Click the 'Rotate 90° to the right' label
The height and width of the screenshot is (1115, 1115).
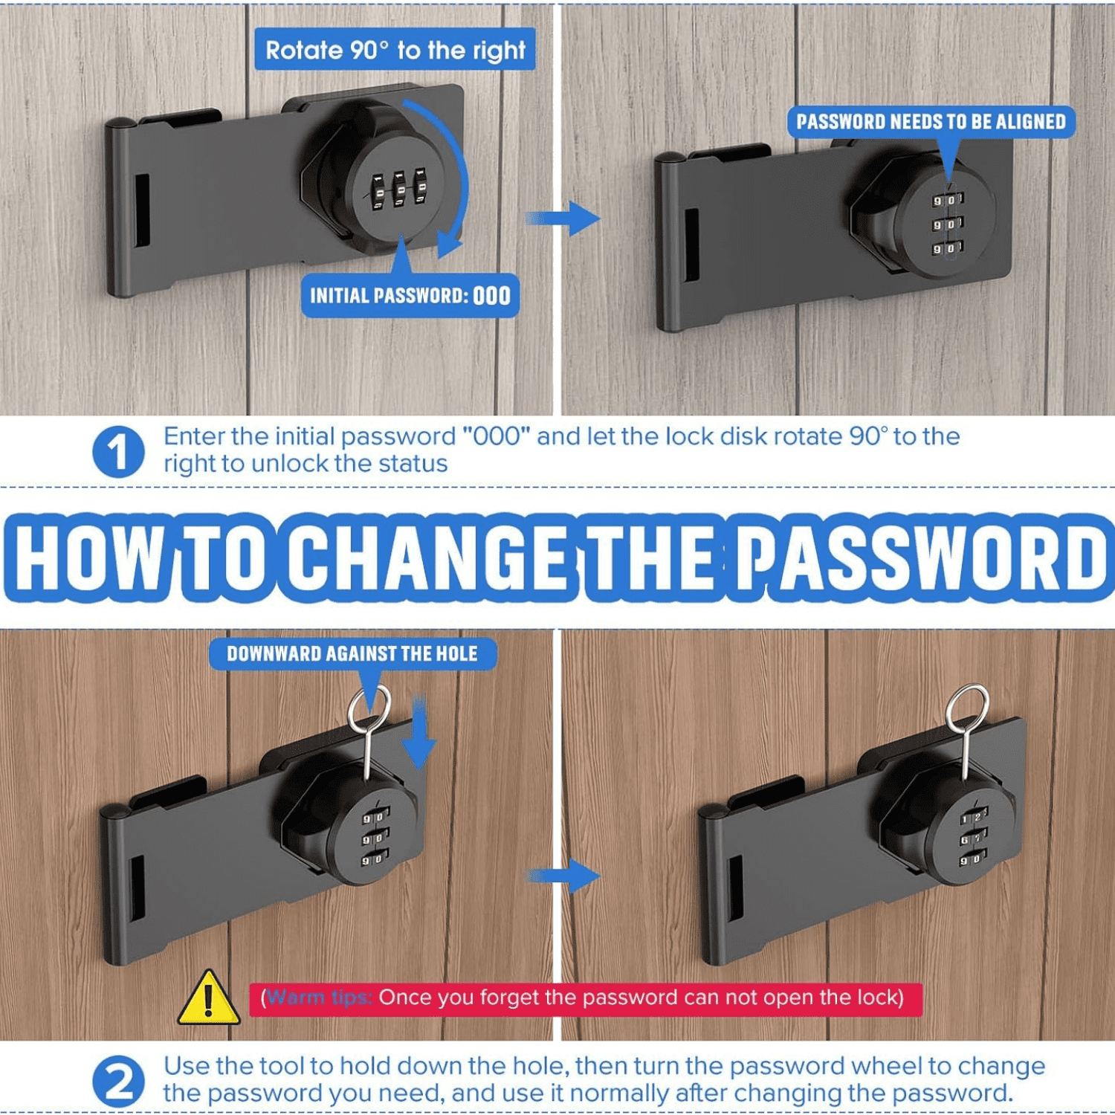click(395, 50)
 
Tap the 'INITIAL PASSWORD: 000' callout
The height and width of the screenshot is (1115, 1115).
click(410, 295)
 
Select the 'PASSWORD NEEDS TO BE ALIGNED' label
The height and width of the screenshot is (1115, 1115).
click(931, 122)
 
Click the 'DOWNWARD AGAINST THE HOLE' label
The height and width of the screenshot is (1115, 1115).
click(352, 654)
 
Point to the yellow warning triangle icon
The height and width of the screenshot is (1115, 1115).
click(208, 998)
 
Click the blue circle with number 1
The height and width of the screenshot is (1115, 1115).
click(118, 451)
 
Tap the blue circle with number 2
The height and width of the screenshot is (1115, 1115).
click(118, 1082)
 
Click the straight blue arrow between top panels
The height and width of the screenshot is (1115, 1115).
click(563, 219)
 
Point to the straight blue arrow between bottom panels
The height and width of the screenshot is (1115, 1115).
click(563, 876)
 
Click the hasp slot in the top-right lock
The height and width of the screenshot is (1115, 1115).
click(691, 245)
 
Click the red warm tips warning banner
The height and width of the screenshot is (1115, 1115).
click(586, 998)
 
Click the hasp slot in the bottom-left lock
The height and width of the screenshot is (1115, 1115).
click(138, 888)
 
